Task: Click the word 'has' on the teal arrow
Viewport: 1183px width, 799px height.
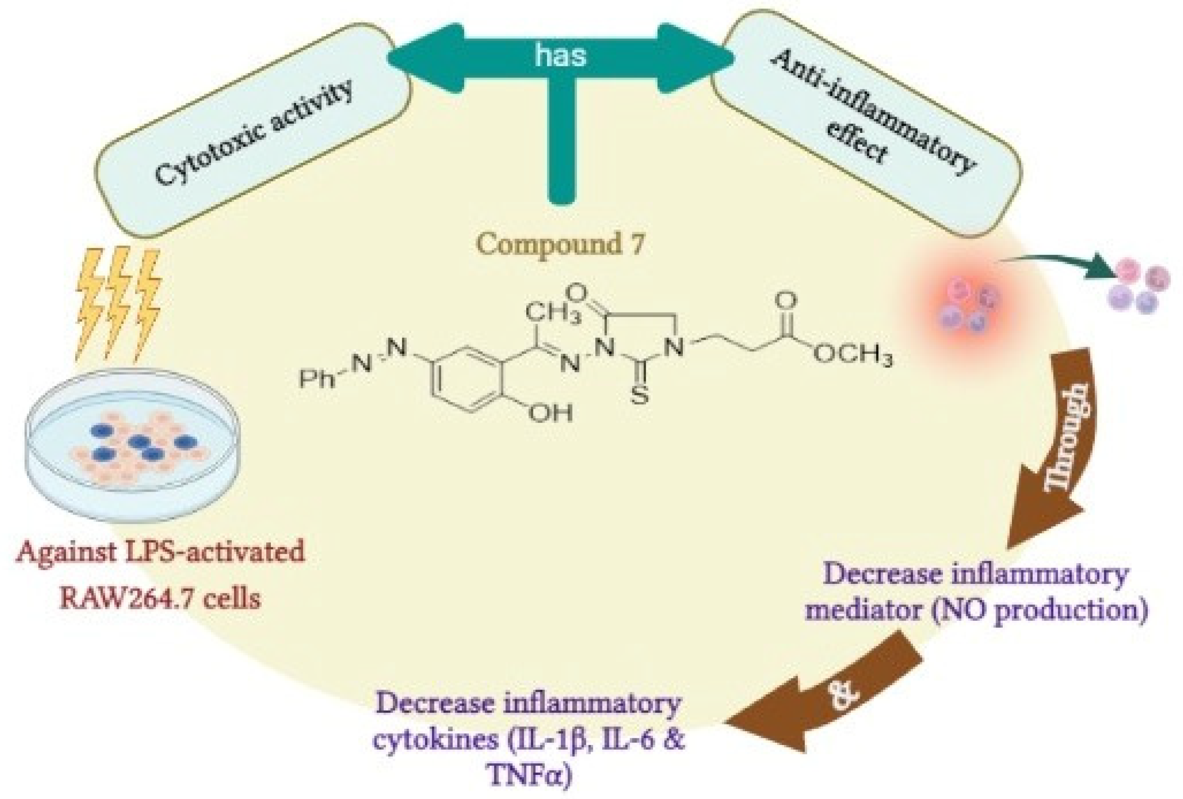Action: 560,55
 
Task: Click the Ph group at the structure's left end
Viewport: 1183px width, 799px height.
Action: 317,380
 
